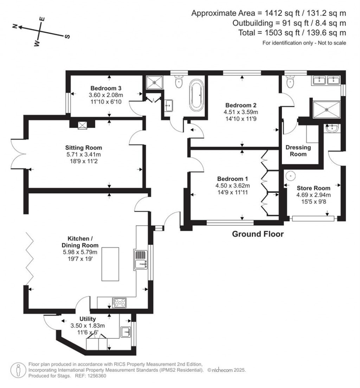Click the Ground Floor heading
click(258, 234)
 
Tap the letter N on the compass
click(15, 26)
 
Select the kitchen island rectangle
click(110, 264)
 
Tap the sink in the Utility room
click(126, 331)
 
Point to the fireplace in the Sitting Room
click(82, 124)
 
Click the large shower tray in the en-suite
click(327, 110)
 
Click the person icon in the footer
click(18, 370)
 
